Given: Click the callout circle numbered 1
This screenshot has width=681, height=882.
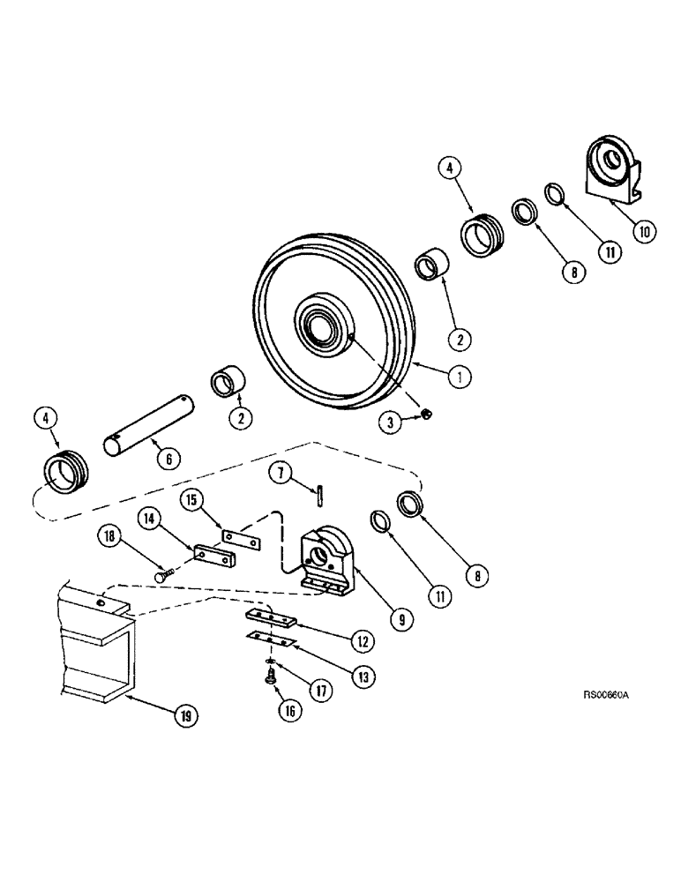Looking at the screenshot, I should coord(459,377).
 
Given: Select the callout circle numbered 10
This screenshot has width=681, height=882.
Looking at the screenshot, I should coord(643,232).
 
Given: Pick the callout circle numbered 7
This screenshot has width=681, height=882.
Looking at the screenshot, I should coord(281,475).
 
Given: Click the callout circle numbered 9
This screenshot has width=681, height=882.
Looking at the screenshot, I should coord(401,619).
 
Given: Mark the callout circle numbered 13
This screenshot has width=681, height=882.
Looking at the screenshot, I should coord(340,676).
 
